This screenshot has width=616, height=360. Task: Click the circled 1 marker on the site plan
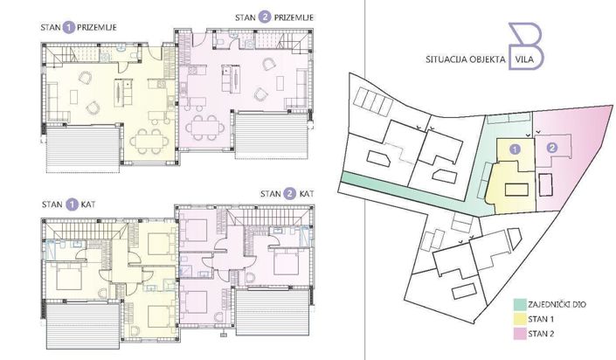[x=515, y=149]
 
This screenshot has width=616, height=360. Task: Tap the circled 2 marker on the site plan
[x=552, y=148]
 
